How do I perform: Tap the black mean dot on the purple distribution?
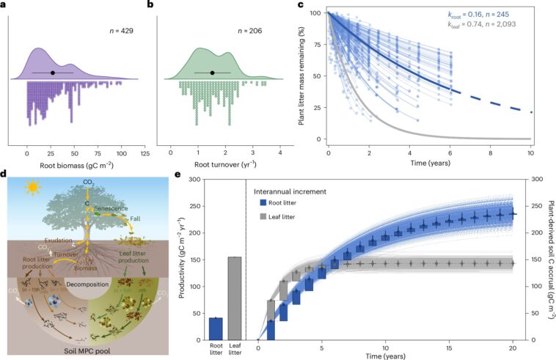coord(54,73)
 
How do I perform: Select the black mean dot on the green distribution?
coord(212,73)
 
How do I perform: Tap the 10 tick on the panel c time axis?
coord(532,149)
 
